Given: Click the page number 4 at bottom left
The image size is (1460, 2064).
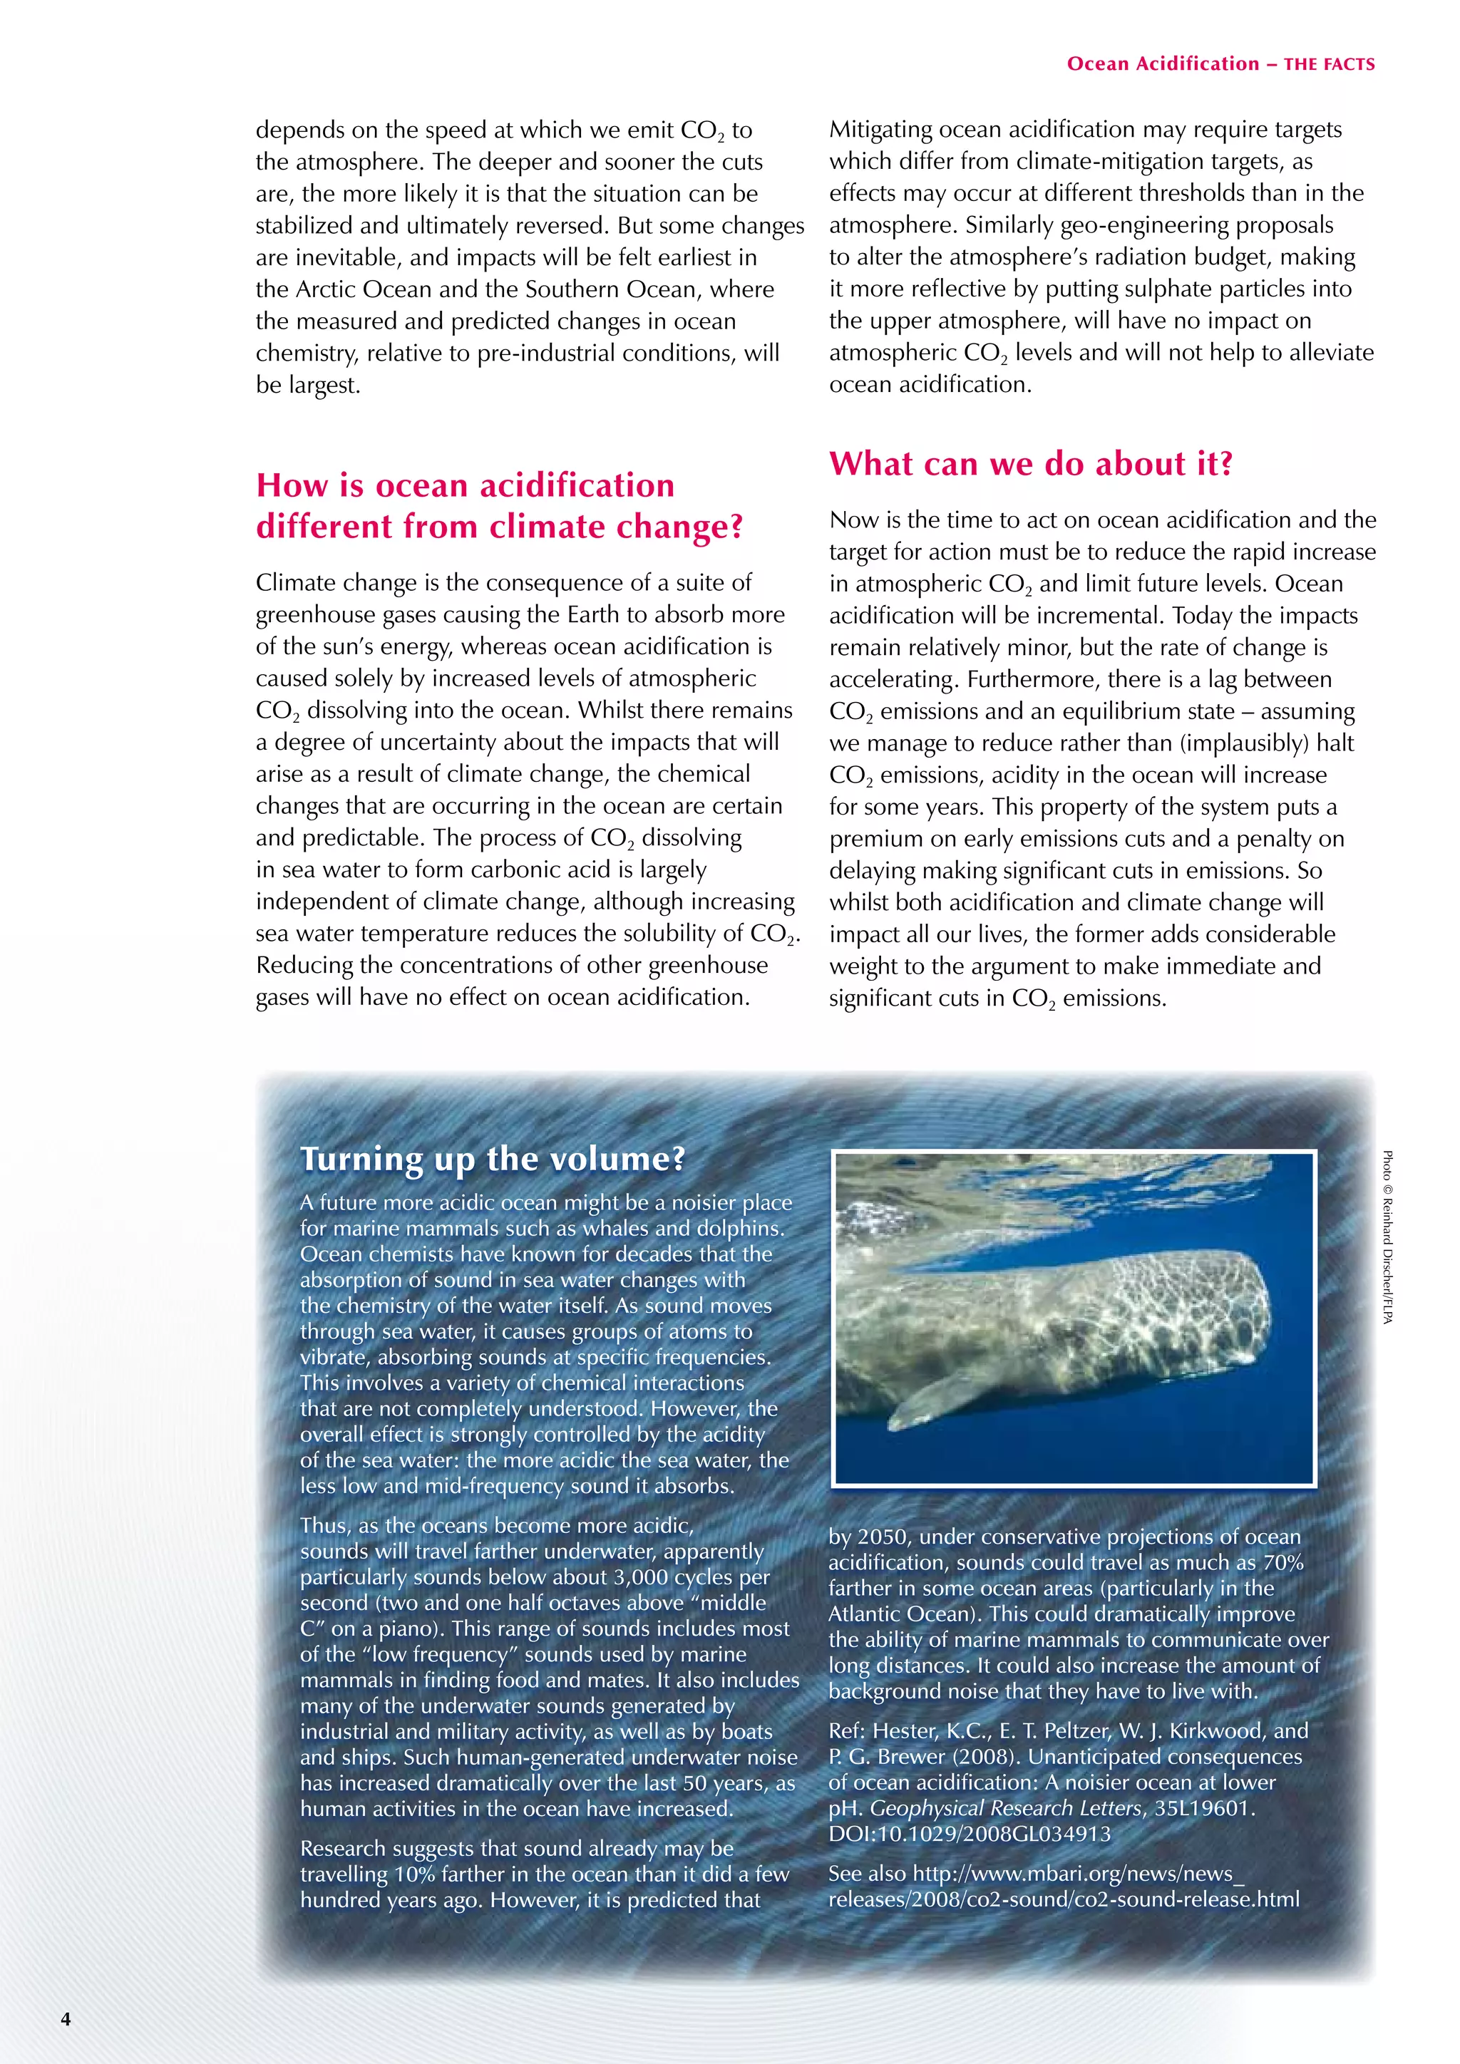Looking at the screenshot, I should pos(66,2018).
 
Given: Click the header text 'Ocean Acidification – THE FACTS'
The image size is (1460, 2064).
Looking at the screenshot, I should pos(1220,64).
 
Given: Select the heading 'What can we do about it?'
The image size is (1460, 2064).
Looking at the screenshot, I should pos(1030,464).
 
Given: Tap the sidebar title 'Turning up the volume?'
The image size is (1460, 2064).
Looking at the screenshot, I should pos(493,1159).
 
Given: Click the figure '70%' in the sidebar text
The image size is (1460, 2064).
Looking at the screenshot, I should pos(1283,1562).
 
